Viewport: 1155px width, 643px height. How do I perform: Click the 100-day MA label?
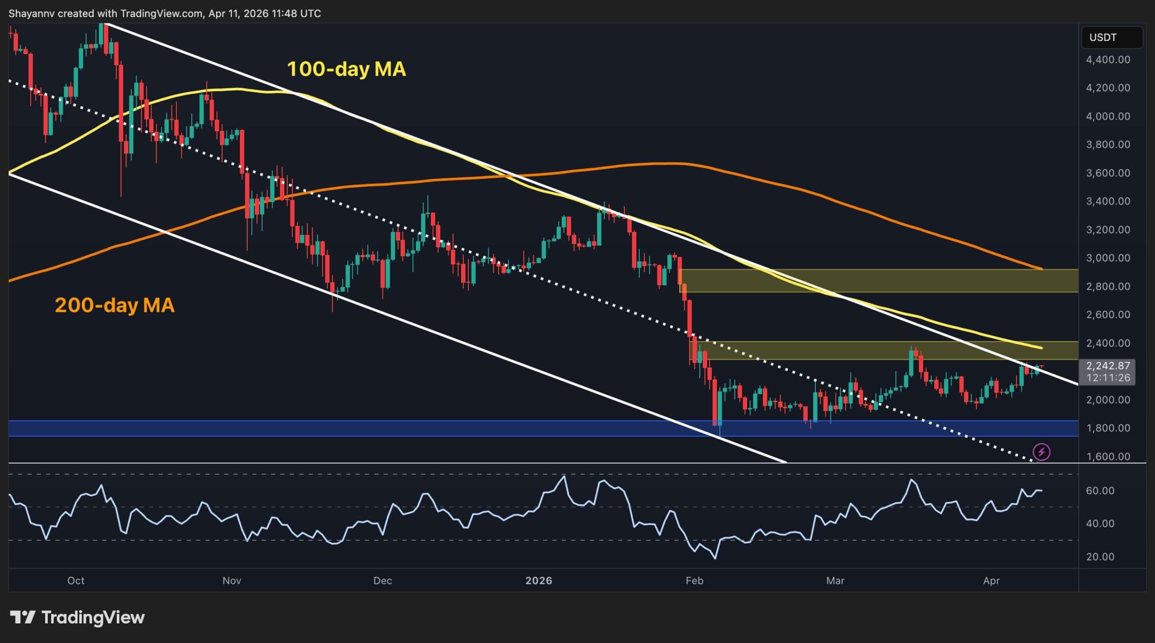pyautogui.click(x=346, y=69)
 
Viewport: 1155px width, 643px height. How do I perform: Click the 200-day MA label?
pyautogui.click(x=115, y=305)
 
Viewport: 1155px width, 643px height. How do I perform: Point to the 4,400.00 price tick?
pyautogui.click(x=1108, y=60)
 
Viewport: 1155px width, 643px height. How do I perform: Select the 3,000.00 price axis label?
pyautogui.click(x=1108, y=258)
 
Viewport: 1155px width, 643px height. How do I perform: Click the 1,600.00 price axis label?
pyautogui.click(x=1108, y=457)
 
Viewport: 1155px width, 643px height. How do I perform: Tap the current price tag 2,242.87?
pyautogui.click(x=1108, y=366)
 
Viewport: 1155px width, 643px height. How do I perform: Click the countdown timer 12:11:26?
pyautogui.click(x=1108, y=378)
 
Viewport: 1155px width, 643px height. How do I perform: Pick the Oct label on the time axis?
pyautogui.click(x=76, y=581)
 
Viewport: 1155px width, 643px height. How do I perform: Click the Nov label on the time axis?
pyautogui.click(x=231, y=581)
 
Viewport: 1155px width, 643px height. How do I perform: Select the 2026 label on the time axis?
pyautogui.click(x=539, y=581)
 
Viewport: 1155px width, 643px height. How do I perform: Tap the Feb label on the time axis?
pyautogui.click(x=694, y=581)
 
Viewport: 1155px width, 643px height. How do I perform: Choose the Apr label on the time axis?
pyautogui.click(x=991, y=581)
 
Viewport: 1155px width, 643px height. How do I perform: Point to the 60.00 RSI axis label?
pyautogui.click(x=1100, y=490)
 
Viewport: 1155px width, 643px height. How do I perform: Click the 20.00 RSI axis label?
pyautogui.click(x=1100, y=557)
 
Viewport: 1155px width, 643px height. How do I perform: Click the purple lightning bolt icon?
pyautogui.click(x=1041, y=452)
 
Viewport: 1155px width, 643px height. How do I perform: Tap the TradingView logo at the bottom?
pyautogui.click(x=78, y=617)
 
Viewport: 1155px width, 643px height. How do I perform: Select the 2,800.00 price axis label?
pyautogui.click(x=1108, y=287)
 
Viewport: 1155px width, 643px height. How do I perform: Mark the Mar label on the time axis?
pyautogui.click(x=835, y=581)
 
